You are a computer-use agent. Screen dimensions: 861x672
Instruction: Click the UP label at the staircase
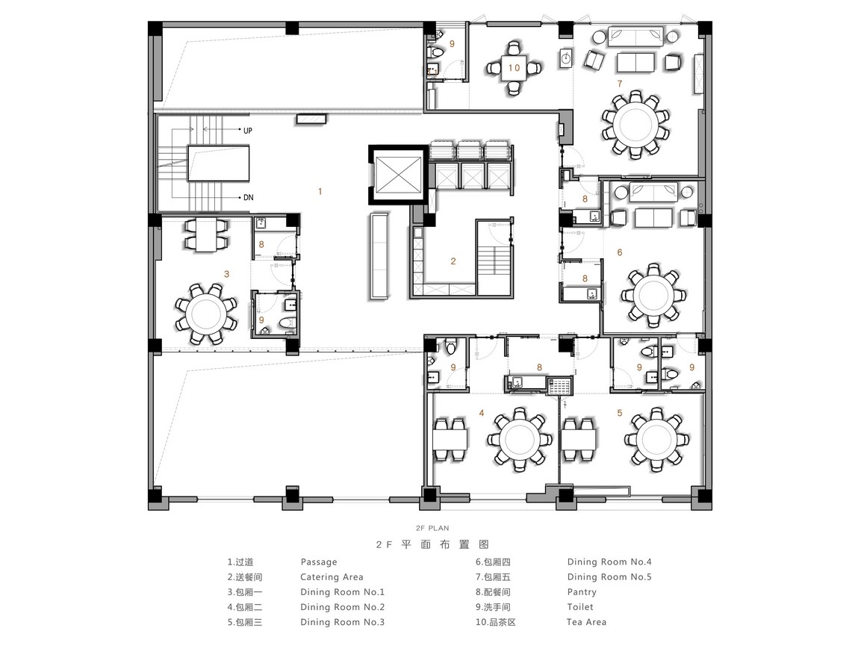(248, 131)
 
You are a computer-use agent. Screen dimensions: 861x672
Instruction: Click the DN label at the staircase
(248, 197)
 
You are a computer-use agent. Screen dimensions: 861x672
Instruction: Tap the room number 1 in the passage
(320, 192)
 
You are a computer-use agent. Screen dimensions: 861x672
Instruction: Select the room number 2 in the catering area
(453, 261)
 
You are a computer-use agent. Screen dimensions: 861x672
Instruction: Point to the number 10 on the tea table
(514, 67)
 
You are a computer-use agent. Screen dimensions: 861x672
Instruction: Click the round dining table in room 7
(635, 125)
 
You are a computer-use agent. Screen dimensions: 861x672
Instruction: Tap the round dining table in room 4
(517, 440)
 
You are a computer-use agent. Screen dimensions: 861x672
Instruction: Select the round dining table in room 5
(656, 440)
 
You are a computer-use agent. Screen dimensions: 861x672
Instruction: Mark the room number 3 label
(226, 274)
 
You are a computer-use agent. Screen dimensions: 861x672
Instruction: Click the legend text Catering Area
(332, 577)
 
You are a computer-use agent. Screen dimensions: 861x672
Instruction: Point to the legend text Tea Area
(586, 622)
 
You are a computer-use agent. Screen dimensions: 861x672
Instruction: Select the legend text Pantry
(582, 592)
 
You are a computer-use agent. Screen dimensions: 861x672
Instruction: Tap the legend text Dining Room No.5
(609, 577)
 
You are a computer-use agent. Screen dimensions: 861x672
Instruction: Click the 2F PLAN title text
(432, 528)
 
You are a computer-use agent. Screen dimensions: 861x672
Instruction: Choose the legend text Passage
(319, 562)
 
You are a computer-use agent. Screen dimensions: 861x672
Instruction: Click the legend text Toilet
(580, 607)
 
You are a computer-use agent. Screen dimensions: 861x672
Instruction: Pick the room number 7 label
(620, 84)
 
